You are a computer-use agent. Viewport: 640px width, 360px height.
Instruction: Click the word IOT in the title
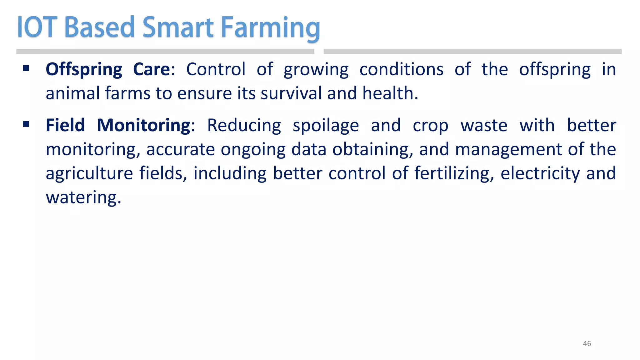click(37, 27)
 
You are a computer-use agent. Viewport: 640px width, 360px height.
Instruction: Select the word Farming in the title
click(270, 28)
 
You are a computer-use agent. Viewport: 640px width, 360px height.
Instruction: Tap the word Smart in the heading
click(178, 27)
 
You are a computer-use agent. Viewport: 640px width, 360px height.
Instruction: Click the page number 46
click(587, 343)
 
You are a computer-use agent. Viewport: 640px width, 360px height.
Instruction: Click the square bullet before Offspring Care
click(26, 68)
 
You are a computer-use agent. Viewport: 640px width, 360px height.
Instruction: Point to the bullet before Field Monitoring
click(26, 124)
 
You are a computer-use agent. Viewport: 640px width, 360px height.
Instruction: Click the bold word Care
click(152, 69)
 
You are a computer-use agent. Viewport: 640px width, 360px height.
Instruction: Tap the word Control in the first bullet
click(216, 69)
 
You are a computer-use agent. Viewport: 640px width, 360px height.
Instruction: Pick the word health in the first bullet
click(388, 93)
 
